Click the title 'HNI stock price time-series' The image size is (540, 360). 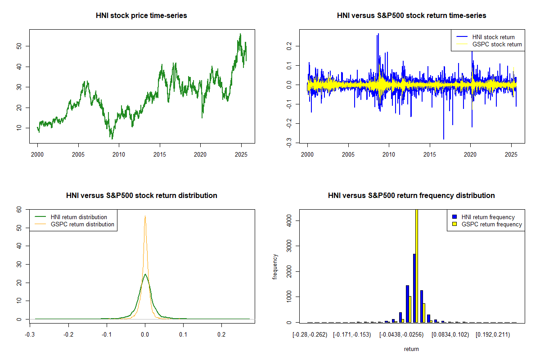click(x=141, y=16)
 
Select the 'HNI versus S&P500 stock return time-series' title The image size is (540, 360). click(x=411, y=16)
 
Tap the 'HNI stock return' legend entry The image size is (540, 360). click(x=493, y=37)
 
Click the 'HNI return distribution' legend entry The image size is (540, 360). click(x=79, y=217)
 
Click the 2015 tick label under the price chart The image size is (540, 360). click(x=160, y=154)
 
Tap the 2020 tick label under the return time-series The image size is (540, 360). click(x=470, y=154)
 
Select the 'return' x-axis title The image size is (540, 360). click(x=411, y=349)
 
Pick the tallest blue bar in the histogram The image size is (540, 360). click(x=414, y=288)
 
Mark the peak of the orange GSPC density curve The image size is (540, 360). click(x=145, y=216)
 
